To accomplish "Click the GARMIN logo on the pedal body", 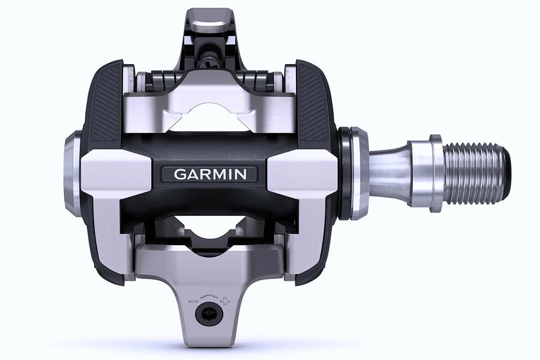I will click(209, 174).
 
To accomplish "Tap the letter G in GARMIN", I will click(178, 174).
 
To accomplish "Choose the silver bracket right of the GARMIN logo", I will click(304, 172).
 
